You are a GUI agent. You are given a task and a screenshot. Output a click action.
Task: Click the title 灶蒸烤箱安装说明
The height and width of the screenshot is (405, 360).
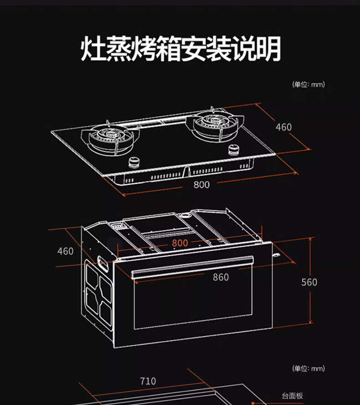pyautogui.click(x=180, y=49)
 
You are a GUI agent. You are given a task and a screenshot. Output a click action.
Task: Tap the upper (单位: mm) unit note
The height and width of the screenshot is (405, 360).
pyautogui.click(x=308, y=84)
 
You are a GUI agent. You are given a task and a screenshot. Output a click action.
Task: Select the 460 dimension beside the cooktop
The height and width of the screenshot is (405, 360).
pyautogui.click(x=283, y=127)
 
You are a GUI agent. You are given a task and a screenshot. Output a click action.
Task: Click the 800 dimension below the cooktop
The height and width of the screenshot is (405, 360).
pyautogui.click(x=201, y=184)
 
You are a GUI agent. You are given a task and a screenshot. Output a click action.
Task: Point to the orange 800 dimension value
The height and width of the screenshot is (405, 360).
pyautogui.click(x=180, y=243)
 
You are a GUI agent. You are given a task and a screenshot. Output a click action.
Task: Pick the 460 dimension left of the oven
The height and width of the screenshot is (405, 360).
pyautogui.click(x=65, y=251)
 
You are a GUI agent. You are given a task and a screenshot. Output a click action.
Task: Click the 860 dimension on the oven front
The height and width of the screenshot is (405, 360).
pyautogui.click(x=221, y=277)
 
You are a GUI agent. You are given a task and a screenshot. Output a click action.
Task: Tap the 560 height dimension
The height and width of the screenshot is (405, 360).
pyautogui.click(x=309, y=282)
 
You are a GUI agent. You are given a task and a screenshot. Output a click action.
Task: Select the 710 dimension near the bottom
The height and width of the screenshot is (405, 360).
pyautogui.click(x=148, y=381)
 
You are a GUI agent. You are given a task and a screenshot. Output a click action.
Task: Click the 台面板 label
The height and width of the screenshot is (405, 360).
pyautogui.click(x=292, y=396)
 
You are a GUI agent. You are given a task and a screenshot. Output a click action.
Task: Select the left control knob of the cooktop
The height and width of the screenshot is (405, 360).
pyautogui.click(x=135, y=161)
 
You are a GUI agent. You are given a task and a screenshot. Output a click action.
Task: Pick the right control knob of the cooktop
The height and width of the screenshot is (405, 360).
pyautogui.click(x=233, y=149)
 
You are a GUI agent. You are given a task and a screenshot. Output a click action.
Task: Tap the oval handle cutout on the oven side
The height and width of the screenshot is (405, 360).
pyautogui.click(x=102, y=263)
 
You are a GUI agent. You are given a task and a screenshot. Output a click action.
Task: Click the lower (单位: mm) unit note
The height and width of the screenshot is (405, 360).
pyautogui.click(x=308, y=369)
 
